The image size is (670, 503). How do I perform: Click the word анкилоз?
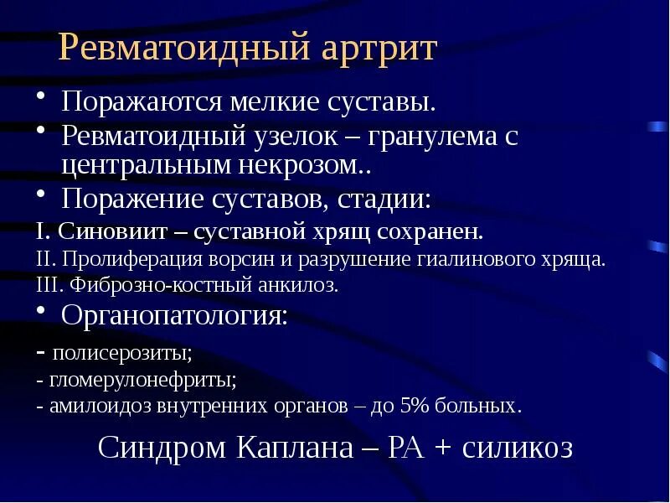[x=301, y=285]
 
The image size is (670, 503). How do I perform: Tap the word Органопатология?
[x=174, y=316]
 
